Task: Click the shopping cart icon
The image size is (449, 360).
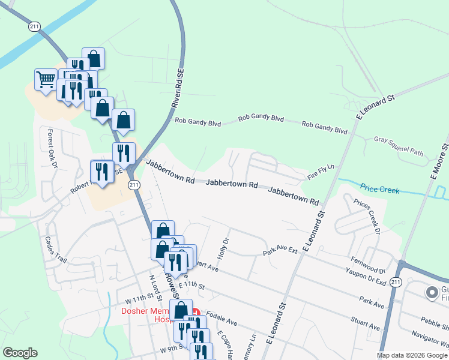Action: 46,79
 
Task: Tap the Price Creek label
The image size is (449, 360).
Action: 380,190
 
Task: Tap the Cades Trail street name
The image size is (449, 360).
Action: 55,248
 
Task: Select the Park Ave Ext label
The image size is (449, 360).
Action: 280,250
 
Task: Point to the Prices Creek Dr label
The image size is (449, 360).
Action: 367,217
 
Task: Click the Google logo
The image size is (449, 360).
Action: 20,353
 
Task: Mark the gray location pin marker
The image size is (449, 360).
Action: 431,293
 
